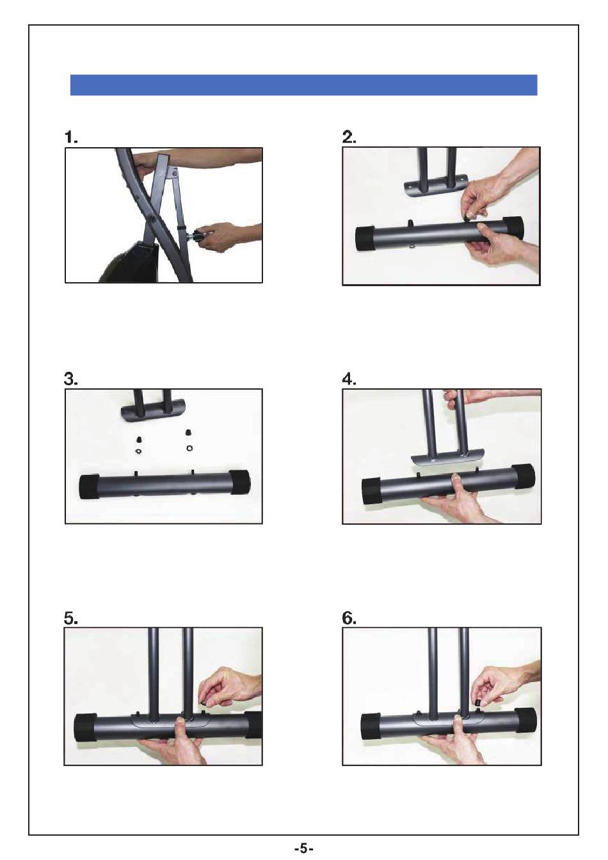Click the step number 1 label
tap(71, 137)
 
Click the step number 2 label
tap(349, 137)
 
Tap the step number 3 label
tap(71, 379)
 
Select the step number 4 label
tap(349, 379)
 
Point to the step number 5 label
tap(71, 618)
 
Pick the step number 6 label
tap(349, 618)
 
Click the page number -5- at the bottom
tap(303, 848)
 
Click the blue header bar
tap(303, 85)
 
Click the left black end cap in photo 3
tap(89, 487)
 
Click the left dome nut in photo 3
tap(138, 439)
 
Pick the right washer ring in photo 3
tap(189, 448)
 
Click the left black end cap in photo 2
tap(365, 239)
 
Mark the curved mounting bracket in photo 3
tap(153, 414)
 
